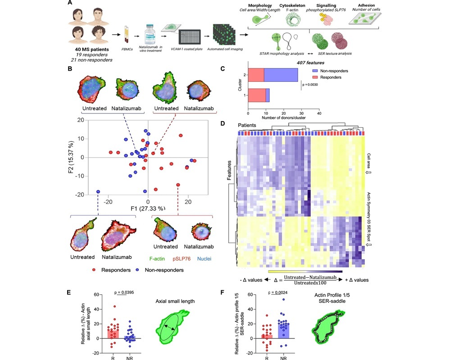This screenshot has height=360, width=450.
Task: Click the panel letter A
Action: (x=70, y=3)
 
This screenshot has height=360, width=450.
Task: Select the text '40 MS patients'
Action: (x=88, y=49)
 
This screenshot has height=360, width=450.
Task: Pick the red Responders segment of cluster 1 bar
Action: (x=257, y=95)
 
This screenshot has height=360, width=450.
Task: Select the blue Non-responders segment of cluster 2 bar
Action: (x=281, y=75)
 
